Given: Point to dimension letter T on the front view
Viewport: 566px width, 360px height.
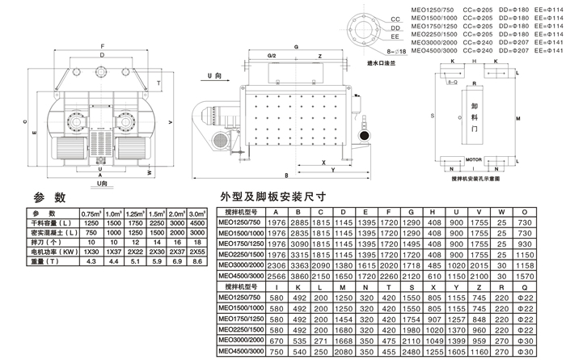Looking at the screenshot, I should tap(160, 83).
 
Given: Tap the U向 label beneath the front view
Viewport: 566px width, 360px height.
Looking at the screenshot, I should tap(101, 184).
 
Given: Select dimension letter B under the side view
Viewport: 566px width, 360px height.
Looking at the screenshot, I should tap(286, 176).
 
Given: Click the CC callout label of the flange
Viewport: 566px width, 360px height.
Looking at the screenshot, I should tap(396, 15).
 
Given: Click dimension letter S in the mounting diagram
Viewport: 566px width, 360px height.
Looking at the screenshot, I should tap(433, 116).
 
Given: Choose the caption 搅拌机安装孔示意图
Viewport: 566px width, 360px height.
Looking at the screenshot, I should tap(478, 179).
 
